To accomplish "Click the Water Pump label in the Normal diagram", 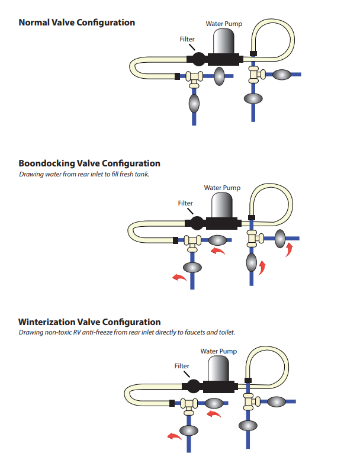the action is tap(224, 24).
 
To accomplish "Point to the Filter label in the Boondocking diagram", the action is tap(185, 203).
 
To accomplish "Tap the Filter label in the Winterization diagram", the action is tap(182, 366).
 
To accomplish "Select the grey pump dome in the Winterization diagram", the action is tap(218, 368).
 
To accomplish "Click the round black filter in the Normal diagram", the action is tap(198, 59).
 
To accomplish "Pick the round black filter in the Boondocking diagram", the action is tap(197, 223).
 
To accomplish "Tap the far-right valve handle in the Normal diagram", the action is tap(282, 75).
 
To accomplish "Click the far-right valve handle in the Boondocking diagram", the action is tap(280, 239).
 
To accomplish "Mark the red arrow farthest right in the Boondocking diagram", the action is tap(289, 250).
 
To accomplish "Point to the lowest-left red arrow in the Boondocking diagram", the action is tap(179, 278).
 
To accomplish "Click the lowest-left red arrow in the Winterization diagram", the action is tap(174, 436).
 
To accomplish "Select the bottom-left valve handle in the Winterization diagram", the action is tap(189, 430).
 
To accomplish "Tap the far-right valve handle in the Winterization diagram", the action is tap(277, 402).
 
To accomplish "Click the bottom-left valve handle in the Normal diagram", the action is tap(194, 104).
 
